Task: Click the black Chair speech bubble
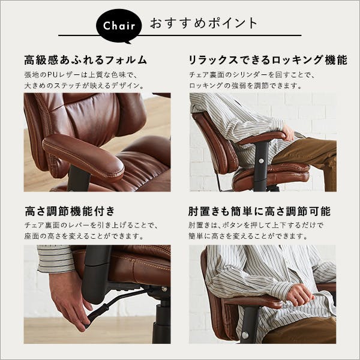click(x=119, y=26)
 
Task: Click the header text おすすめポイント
click(x=204, y=23)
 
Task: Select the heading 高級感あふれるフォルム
click(x=85, y=60)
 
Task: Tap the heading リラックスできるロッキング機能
click(x=268, y=60)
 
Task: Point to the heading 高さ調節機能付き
click(x=70, y=211)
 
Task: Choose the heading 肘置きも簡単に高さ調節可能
click(x=259, y=211)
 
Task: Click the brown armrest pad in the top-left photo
click(x=83, y=157)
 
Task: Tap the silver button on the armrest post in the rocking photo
click(x=261, y=161)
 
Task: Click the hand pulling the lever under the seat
click(x=69, y=301)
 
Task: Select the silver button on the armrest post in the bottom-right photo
click(x=245, y=335)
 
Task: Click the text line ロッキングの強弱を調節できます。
click(x=245, y=86)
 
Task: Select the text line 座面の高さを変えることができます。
click(x=84, y=236)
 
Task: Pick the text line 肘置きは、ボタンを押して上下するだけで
click(x=256, y=225)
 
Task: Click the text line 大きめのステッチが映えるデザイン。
click(x=84, y=86)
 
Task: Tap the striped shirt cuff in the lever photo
click(x=55, y=259)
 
